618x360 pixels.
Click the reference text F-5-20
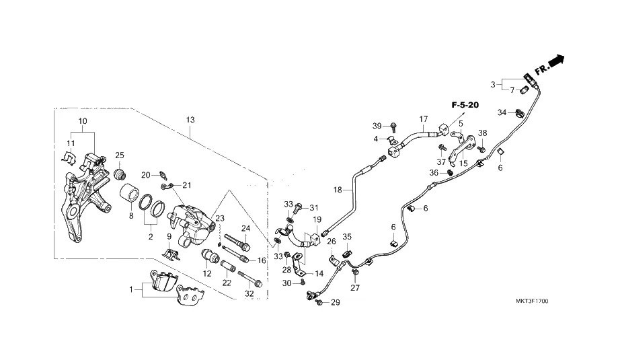coord(465,105)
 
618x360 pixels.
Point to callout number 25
coord(120,155)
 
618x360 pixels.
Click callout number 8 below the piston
coord(131,217)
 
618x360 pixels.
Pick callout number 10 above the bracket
coord(83,121)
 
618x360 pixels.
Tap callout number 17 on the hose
coord(423,120)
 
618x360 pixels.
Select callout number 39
coord(377,127)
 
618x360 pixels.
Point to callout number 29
coord(336,302)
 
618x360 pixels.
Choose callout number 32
coord(249,293)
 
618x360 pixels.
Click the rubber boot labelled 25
coord(121,175)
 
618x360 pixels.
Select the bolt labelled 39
coord(393,127)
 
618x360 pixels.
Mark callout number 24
coord(245,229)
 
